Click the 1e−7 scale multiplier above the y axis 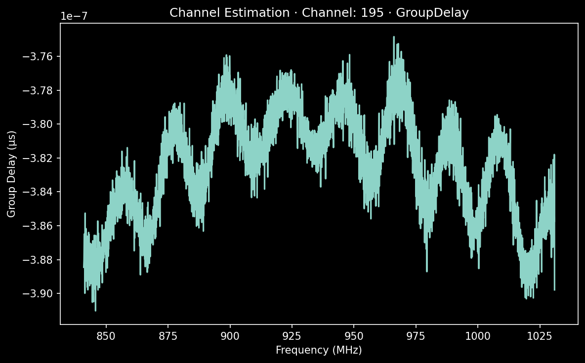click(x=74, y=16)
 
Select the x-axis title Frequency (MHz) click(x=319, y=350)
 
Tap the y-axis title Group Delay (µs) click(x=11, y=173)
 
